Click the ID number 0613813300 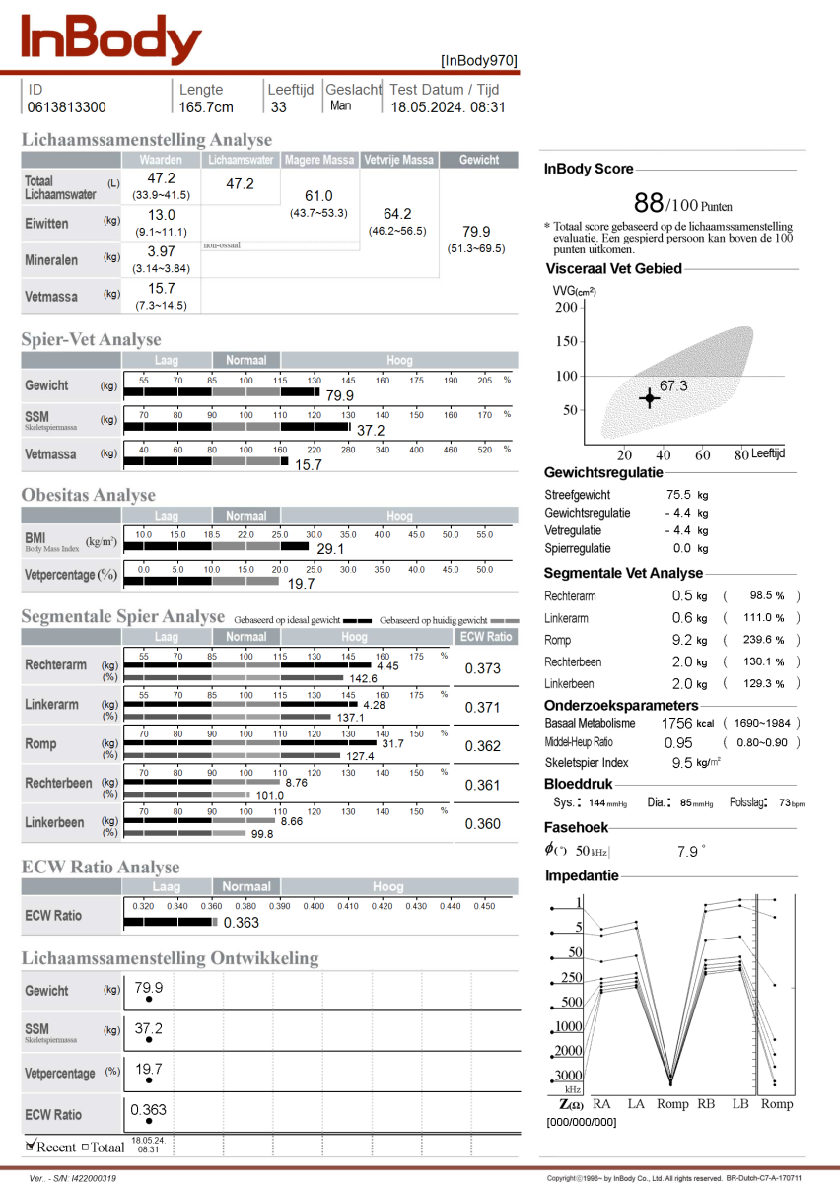[x=67, y=107]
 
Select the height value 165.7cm [x=206, y=107]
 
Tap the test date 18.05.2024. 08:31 [x=448, y=107]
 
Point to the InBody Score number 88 [x=648, y=203]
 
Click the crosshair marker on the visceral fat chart [x=648, y=398]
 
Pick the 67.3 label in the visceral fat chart [x=673, y=386]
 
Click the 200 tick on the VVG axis [x=565, y=308]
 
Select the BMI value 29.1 [x=330, y=548]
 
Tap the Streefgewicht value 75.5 [x=679, y=495]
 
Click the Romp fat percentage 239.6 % [x=765, y=640]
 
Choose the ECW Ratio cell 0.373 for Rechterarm [x=483, y=668]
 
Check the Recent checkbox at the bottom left [x=31, y=1146]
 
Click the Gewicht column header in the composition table [x=479, y=160]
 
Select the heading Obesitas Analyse [x=89, y=495]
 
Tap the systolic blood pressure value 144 [x=596, y=804]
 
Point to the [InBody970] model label [x=478, y=60]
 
